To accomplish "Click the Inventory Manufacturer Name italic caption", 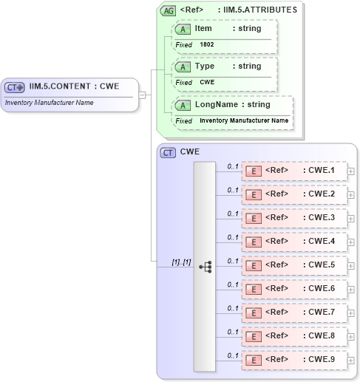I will click(49, 103).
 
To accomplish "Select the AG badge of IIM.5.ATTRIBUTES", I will click(169, 10).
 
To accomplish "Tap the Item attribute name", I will click(203, 29).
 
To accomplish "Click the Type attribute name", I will click(204, 66).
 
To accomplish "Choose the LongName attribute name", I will click(216, 105).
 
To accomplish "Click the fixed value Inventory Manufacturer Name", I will click(244, 120).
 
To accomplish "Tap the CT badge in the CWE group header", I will click(168, 153).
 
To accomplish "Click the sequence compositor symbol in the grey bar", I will click(205, 267).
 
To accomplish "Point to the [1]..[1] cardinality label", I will click(181, 262).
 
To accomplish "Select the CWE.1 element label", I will click(322, 171).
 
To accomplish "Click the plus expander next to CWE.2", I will click(351, 195).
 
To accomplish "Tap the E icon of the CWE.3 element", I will click(253, 219).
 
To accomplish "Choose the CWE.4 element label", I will click(322, 242).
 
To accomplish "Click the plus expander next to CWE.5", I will click(351, 266).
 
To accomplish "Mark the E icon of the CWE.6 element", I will click(253, 290).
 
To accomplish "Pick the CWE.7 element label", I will click(322, 313).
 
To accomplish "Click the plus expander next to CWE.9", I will click(351, 361).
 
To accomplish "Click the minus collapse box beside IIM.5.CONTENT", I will click(142, 95).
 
